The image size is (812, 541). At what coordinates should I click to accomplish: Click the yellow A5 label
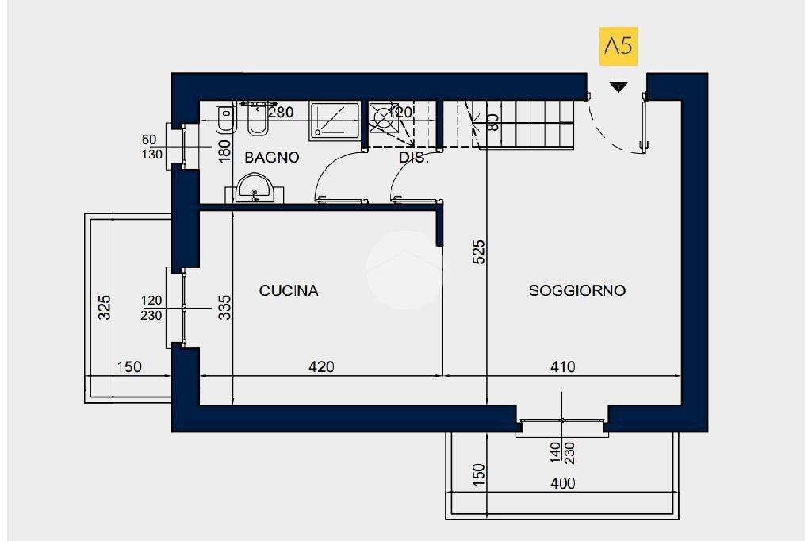tap(618, 47)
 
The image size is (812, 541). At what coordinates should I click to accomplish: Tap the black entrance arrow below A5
tap(618, 86)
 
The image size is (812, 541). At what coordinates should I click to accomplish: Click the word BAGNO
tap(271, 157)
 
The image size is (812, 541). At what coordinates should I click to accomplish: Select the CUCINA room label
tap(289, 291)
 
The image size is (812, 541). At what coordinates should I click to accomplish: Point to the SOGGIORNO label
tap(577, 291)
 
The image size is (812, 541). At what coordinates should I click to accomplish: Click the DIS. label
tap(413, 158)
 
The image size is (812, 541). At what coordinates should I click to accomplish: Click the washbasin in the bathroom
tap(255, 191)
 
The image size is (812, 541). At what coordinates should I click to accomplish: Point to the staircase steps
tap(527, 123)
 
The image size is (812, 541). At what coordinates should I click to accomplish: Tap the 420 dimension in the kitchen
tap(321, 366)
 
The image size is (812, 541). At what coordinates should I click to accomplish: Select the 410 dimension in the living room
tap(562, 366)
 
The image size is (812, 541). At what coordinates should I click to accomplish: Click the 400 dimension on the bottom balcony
tap(562, 482)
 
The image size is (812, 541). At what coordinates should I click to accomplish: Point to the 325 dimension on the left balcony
tap(104, 307)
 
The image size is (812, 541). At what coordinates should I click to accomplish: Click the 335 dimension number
tap(224, 307)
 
